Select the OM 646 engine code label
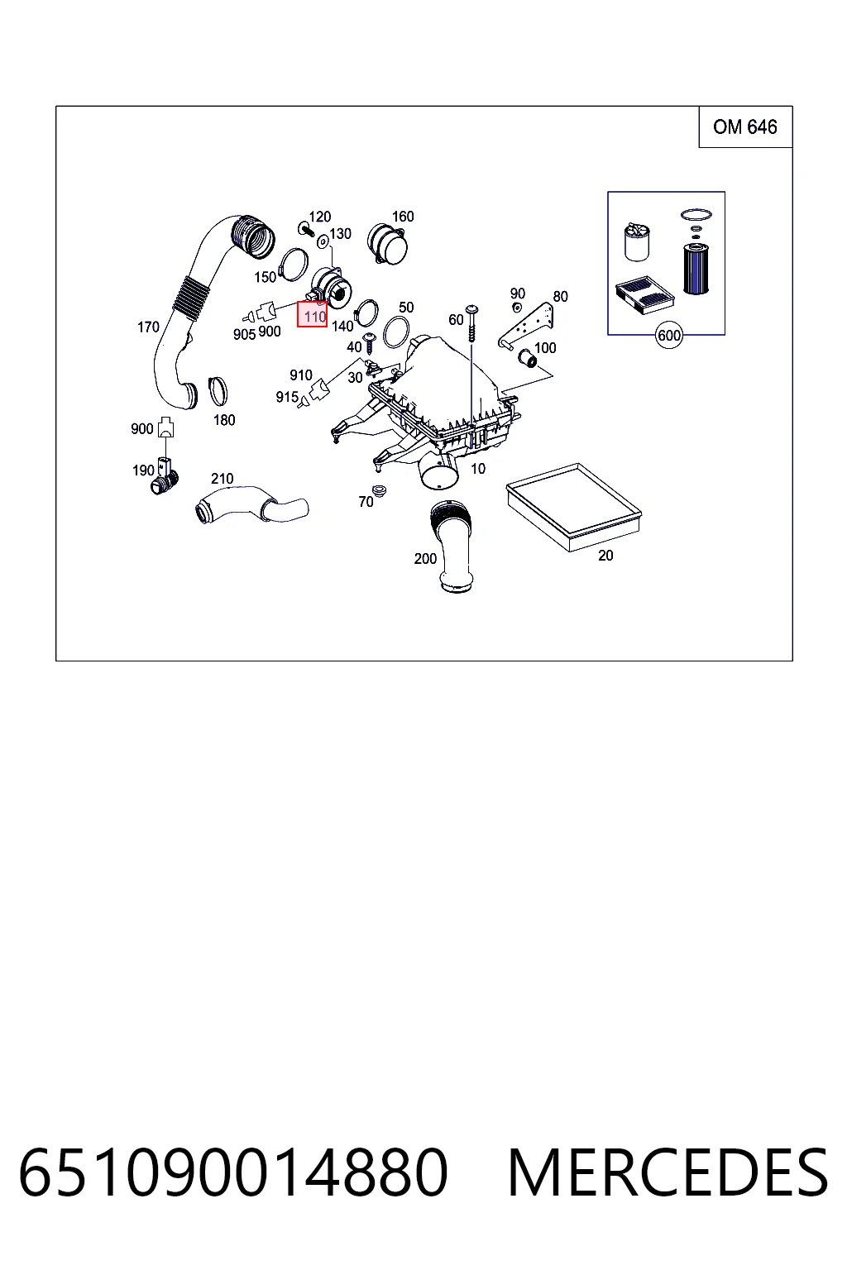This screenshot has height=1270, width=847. pos(744,127)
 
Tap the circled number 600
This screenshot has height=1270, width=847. pos(669,336)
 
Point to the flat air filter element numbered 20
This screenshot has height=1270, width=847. pos(573,506)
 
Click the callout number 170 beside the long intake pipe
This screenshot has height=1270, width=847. pos(148,327)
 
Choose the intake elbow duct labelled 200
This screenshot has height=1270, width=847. pos(452,546)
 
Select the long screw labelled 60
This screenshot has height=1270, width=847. pos(471,324)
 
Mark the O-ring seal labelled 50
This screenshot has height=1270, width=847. pos(396,332)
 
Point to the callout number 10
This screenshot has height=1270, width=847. pos(478,469)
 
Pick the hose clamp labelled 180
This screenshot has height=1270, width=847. pos(218,391)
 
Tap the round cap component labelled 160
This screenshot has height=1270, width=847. pos(387,244)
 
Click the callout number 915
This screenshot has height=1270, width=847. pos(286,397)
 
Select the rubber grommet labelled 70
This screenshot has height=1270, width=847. pos(377,490)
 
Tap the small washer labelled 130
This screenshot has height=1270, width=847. pos(323,242)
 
